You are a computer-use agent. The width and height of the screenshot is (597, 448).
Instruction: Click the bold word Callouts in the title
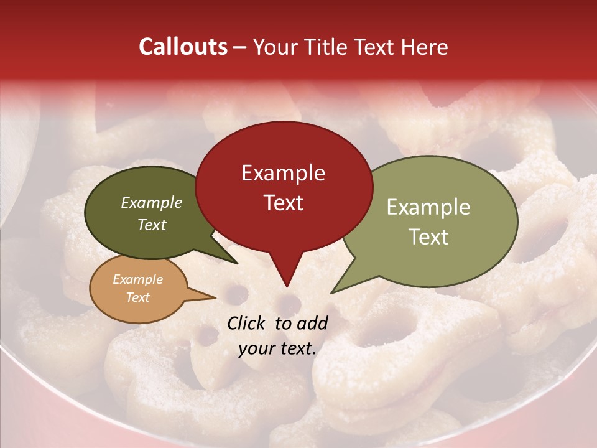tap(183, 47)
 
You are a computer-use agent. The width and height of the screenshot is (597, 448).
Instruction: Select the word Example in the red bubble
tap(283, 173)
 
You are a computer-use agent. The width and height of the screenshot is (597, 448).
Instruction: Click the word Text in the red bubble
tap(283, 202)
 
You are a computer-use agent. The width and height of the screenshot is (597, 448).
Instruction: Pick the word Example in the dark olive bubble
tap(152, 203)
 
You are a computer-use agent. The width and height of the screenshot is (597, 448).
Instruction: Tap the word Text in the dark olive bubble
tap(152, 225)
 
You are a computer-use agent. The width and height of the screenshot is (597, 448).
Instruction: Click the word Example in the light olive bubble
tap(428, 207)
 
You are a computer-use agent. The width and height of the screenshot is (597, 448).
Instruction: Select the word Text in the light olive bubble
tap(428, 236)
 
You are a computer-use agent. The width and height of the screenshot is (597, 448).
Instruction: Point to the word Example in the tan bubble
tap(137, 279)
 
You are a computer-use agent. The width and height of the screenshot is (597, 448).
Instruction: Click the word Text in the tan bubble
tap(137, 297)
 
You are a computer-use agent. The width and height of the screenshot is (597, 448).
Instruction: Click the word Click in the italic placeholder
tap(248, 323)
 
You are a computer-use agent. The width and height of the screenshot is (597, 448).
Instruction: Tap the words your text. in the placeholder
tap(277, 348)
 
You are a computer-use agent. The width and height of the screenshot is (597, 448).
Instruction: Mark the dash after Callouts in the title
tap(241, 47)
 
